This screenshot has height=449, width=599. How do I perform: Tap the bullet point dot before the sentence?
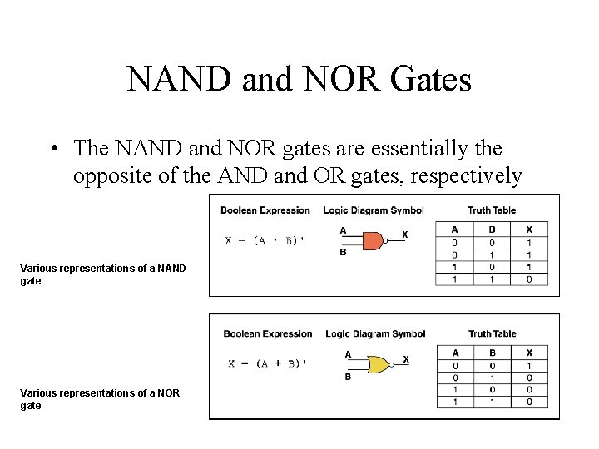coord(52,150)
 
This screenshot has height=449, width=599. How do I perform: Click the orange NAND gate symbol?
coord(373,241)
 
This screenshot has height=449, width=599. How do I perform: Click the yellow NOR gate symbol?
coord(379,364)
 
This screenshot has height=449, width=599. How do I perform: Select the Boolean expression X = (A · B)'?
coord(265,240)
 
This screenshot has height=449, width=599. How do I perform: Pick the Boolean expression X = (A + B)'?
coord(268,363)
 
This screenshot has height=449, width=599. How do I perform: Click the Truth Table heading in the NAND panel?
coord(491,210)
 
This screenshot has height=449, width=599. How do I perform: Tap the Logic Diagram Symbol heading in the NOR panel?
coord(375,334)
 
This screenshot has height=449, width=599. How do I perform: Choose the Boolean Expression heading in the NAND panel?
coord(265,210)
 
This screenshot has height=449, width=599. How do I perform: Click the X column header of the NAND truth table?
coord(530,229)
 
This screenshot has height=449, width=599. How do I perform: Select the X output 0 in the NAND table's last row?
coord(530,279)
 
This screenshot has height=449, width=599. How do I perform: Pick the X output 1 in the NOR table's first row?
coord(530,366)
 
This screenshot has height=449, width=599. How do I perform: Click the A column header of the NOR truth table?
coord(455,353)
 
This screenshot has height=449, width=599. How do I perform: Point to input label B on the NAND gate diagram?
coord(343,253)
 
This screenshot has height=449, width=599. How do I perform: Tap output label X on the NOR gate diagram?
coord(406,358)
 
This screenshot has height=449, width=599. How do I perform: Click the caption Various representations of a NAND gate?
coord(102,274)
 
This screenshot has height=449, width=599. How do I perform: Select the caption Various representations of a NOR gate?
coord(100,399)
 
